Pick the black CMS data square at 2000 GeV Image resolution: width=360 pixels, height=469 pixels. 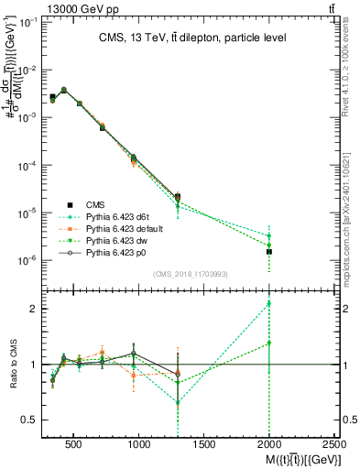pos(269,251)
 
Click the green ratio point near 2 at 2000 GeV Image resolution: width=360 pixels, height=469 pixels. pos(269,303)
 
